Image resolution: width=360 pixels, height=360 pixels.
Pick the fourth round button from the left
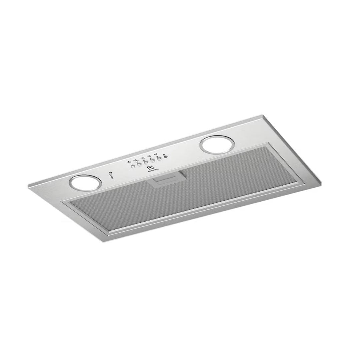tap(153, 161)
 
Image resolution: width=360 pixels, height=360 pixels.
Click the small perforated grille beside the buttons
tap(165, 156)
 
